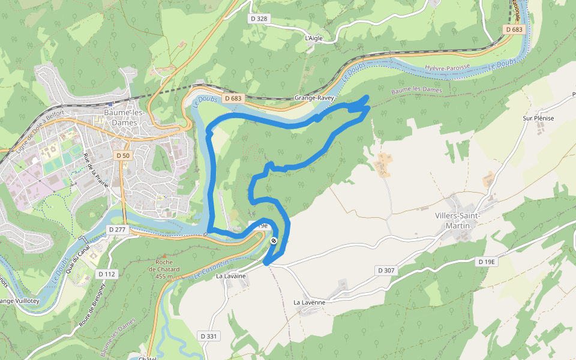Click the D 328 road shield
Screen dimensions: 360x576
259,19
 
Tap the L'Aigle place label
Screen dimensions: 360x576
314,38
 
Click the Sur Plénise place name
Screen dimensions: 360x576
538,118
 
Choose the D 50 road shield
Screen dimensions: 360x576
122,155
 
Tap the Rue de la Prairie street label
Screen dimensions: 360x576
96,169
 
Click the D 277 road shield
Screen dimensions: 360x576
118,229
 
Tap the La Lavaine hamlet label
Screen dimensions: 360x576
231,276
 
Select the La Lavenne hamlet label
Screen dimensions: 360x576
309,302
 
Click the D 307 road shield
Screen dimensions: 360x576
387,271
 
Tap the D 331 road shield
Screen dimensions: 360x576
208,336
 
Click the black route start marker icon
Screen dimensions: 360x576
274,241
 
